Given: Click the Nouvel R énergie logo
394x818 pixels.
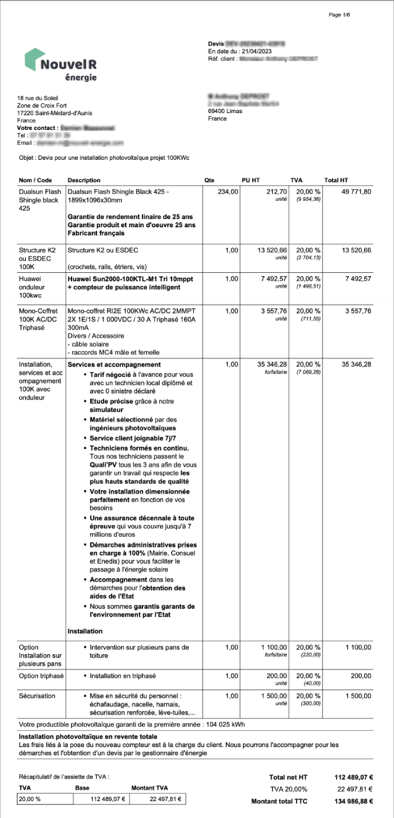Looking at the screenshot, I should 61,65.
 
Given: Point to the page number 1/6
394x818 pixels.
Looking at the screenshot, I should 339,15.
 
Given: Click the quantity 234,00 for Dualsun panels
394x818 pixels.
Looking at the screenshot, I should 228,192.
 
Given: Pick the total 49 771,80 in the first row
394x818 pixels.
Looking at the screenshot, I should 356,192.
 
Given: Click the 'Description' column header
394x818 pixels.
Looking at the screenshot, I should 84,180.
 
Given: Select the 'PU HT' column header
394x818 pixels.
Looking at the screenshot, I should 249,180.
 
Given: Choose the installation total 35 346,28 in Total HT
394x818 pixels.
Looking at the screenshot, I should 356,365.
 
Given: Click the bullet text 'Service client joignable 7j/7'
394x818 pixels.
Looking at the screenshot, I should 129,438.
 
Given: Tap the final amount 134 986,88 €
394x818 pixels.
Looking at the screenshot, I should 353,801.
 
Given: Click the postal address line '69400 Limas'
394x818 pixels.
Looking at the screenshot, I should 225,111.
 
